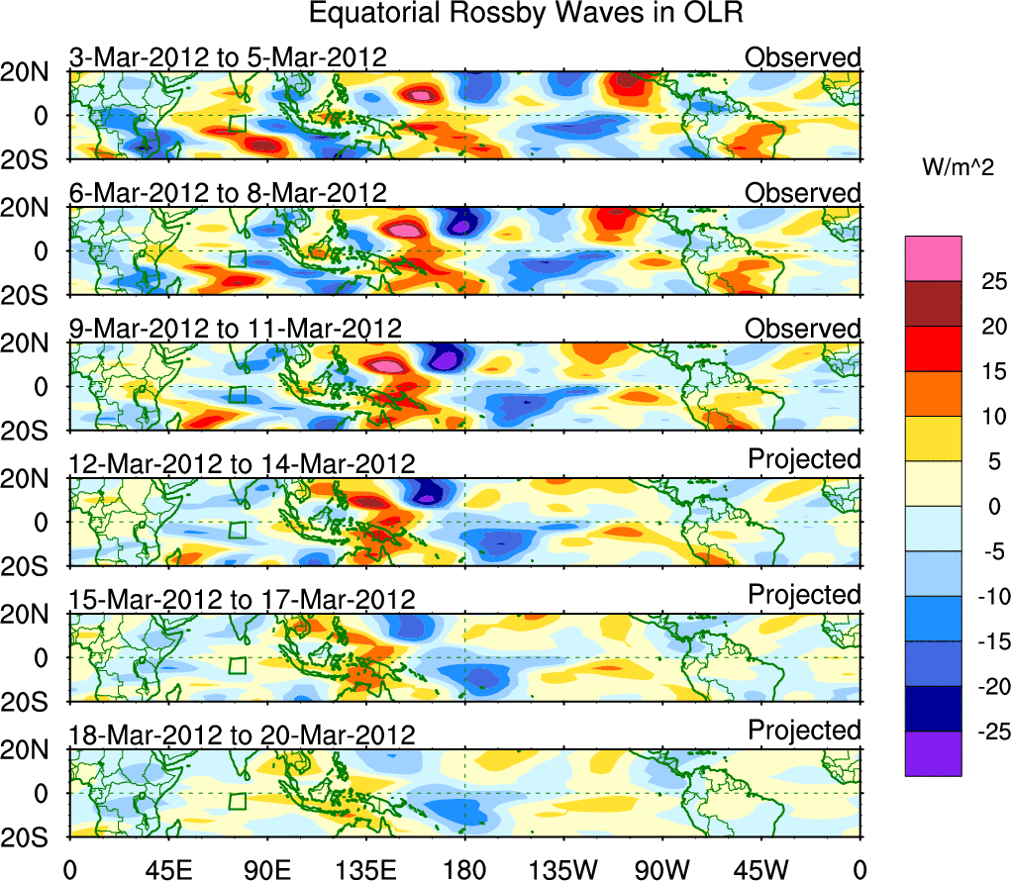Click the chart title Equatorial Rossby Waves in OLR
(x=526, y=14)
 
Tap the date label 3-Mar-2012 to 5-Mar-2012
(x=228, y=57)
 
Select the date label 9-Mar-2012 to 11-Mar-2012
(x=236, y=328)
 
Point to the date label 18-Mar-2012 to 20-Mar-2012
(x=242, y=734)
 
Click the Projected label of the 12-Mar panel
(x=804, y=459)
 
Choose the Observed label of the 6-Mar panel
(x=803, y=193)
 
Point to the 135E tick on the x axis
(x=366, y=869)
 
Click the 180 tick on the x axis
(x=464, y=869)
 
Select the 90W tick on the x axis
(x=662, y=869)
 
